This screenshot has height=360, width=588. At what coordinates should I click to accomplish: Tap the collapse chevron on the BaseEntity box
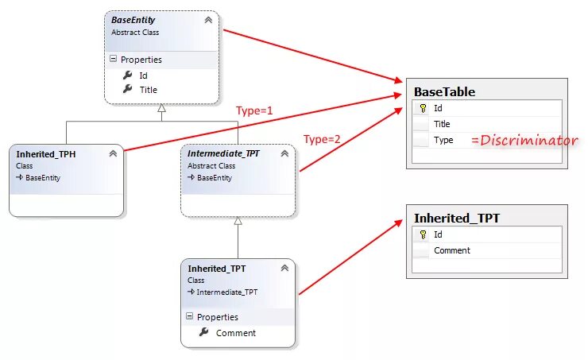click(208, 20)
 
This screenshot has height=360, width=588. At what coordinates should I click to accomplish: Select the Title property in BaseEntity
click(149, 90)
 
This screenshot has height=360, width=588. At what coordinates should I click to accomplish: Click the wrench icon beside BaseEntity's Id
click(127, 75)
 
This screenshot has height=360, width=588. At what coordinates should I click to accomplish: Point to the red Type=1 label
click(254, 110)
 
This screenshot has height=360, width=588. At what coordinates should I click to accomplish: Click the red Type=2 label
click(322, 139)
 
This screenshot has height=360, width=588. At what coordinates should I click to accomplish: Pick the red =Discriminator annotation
click(524, 141)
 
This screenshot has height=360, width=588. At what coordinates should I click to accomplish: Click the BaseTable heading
click(444, 91)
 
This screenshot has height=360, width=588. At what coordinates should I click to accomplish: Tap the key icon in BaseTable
click(423, 108)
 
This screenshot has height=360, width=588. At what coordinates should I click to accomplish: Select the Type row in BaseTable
click(443, 140)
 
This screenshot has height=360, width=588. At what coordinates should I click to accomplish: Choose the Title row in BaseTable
click(442, 124)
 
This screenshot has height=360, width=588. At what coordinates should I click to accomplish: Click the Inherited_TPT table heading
click(456, 218)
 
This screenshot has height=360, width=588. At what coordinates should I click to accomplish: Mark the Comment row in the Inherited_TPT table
click(451, 250)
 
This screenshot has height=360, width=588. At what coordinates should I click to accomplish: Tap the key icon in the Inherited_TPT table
click(423, 234)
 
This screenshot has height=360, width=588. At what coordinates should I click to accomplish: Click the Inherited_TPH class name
click(45, 153)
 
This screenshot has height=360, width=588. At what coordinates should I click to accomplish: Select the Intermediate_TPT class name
click(223, 153)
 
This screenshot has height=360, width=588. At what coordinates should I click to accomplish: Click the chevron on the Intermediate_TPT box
click(284, 153)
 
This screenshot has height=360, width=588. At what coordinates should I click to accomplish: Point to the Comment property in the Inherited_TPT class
click(235, 333)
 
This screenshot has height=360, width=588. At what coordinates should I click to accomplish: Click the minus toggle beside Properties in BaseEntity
click(113, 59)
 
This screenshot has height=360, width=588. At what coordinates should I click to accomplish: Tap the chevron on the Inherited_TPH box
click(113, 153)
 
